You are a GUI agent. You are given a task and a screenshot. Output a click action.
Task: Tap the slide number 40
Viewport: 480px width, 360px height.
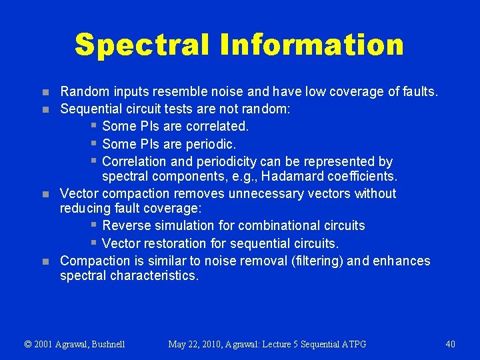click(450, 344)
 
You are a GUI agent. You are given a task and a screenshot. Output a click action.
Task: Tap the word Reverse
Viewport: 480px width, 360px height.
click(127, 225)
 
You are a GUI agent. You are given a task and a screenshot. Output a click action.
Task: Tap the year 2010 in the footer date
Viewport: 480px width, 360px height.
click(212, 344)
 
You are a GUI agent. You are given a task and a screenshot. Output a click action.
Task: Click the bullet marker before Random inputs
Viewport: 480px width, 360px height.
click(44, 92)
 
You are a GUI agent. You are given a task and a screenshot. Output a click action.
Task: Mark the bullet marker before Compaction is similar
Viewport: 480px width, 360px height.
click(44, 261)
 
